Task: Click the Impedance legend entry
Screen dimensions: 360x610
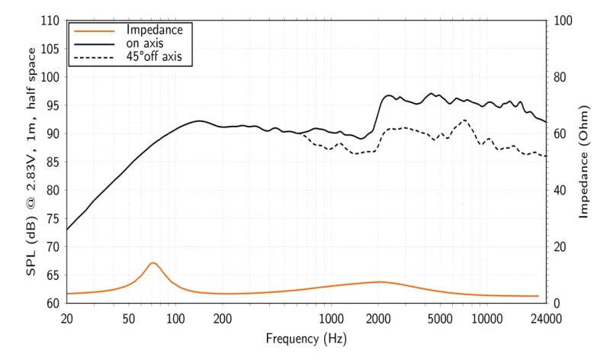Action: [154, 31]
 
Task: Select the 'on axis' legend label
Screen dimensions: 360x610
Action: [144, 43]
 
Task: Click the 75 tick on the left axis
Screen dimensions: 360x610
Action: [53, 218]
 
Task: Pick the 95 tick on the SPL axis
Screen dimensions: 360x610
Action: [53, 105]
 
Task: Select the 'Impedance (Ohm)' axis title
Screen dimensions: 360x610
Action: [584, 162]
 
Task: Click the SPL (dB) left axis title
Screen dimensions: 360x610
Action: [32, 162]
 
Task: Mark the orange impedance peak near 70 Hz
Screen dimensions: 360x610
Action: [153, 262]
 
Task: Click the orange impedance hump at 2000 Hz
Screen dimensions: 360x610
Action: [378, 281]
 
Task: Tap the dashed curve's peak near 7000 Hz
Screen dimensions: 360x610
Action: [464, 120]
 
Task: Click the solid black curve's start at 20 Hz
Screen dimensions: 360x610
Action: [67, 230]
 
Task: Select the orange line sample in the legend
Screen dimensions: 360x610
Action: [91, 31]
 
